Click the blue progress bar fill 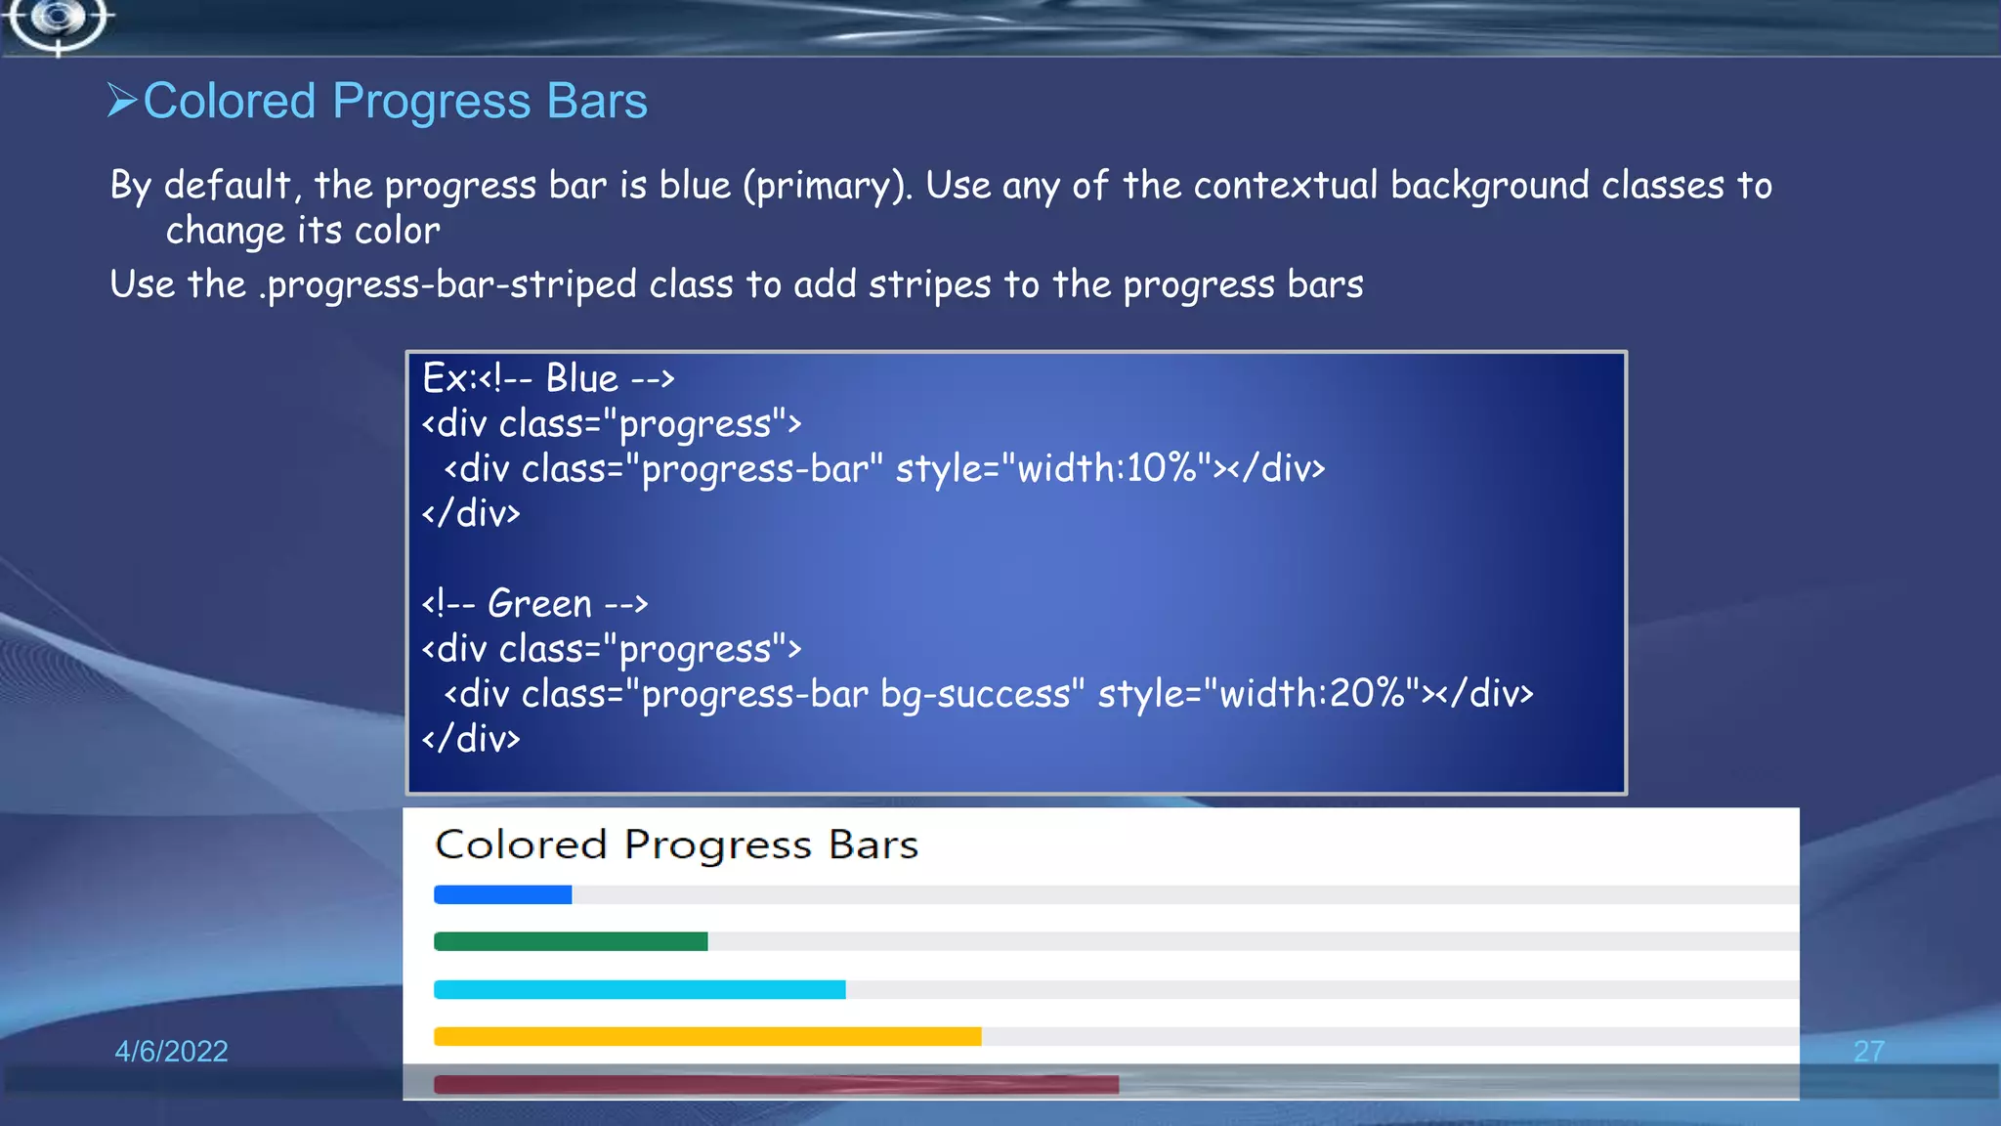(x=502, y=894)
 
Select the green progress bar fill (x=571, y=941)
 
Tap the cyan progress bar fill (x=639, y=989)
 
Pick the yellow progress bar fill (x=707, y=1036)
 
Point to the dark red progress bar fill (x=776, y=1084)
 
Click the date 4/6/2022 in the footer (x=171, y=1051)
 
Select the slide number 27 (x=1868, y=1051)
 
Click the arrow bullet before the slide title (x=122, y=100)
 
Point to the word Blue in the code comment (x=581, y=378)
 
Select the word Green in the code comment (x=539, y=603)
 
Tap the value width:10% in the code (x=1107, y=469)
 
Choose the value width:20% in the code (x=1310, y=694)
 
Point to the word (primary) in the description (x=828, y=186)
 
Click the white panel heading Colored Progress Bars (x=676, y=844)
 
